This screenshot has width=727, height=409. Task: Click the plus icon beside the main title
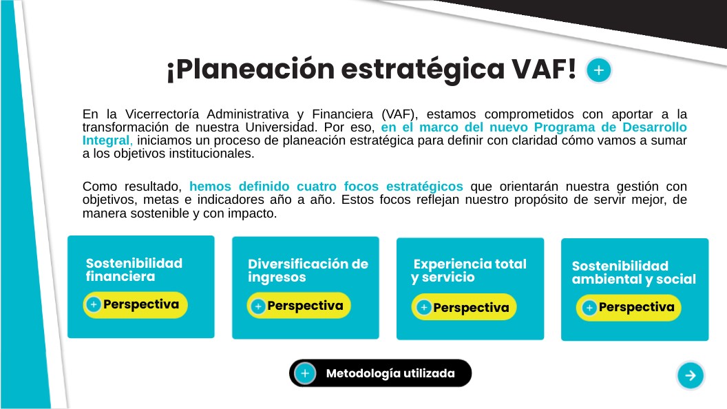coord(598,70)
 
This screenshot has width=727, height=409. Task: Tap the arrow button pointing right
coord(691,375)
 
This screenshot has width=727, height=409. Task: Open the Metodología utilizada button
coord(380,373)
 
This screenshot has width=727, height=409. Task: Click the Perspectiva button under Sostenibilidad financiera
coord(136,304)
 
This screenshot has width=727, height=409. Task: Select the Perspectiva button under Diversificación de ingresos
coord(299,306)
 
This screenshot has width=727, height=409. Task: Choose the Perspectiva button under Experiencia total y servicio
coord(464,307)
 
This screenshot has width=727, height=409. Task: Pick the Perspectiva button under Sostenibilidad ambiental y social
coord(629,308)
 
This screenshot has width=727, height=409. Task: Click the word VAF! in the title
coord(544,69)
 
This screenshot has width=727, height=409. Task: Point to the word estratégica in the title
coord(423,70)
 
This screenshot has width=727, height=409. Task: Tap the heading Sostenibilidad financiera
coord(134,270)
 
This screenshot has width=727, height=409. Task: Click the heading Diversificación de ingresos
coord(308,271)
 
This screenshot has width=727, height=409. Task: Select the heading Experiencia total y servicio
coord(469,271)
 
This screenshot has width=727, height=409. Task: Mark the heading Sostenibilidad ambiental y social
coord(634,272)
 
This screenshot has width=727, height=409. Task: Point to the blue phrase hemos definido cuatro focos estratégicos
coord(326,187)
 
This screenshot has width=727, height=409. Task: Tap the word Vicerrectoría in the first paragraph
coord(162,114)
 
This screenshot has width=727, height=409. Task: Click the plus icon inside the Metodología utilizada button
coord(305,373)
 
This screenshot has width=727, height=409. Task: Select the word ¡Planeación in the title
coord(251,70)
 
